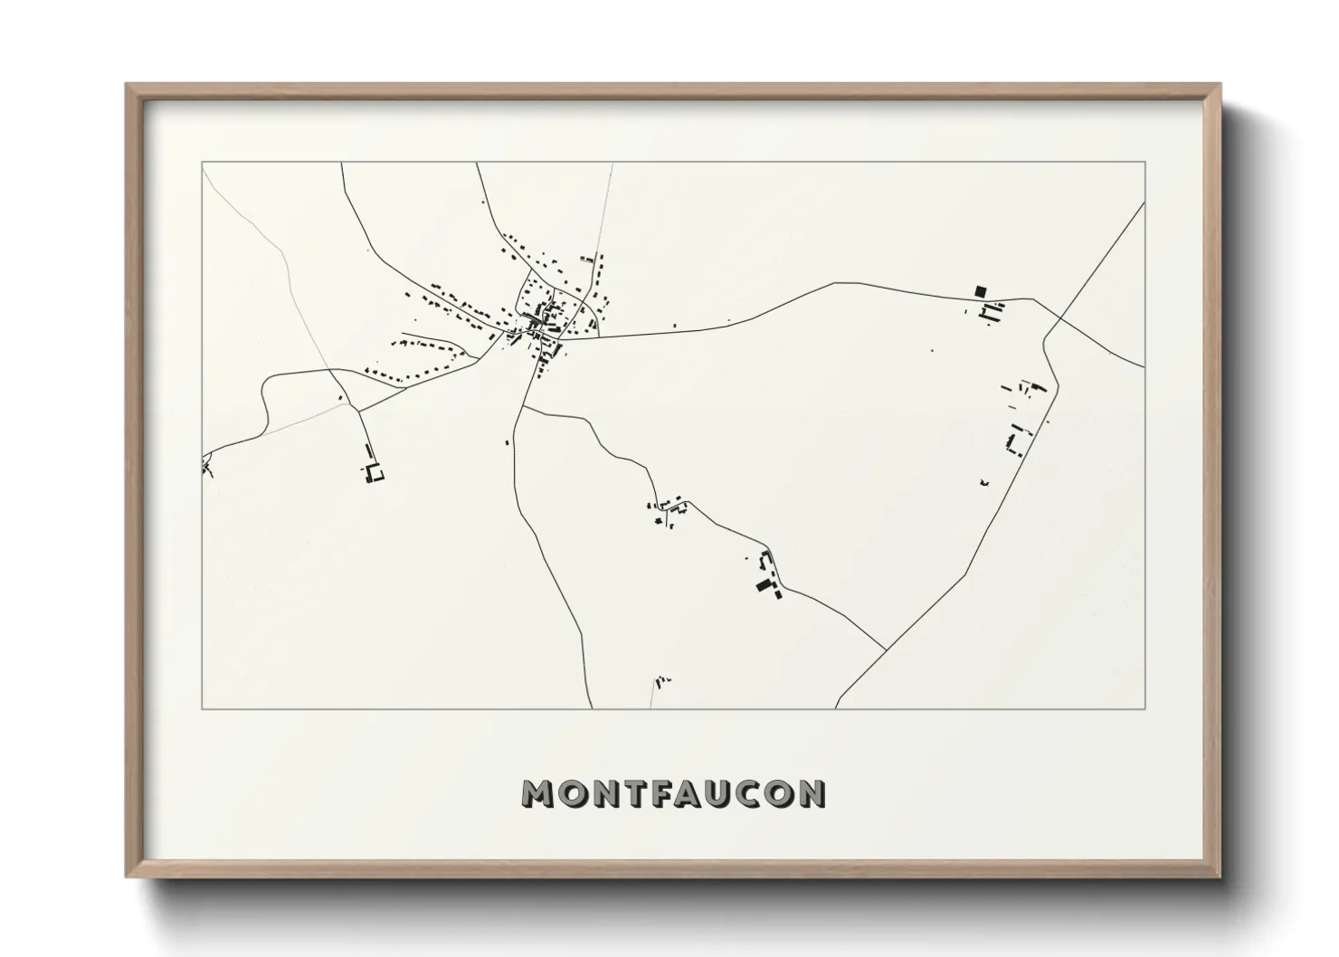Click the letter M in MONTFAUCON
[538, 793]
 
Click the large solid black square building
[980, 291]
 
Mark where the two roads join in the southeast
[885, 649]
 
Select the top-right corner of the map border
[1144, 163]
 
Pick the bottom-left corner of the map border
[203, 708]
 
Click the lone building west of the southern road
[508, 442]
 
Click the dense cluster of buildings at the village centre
[543, 321]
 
